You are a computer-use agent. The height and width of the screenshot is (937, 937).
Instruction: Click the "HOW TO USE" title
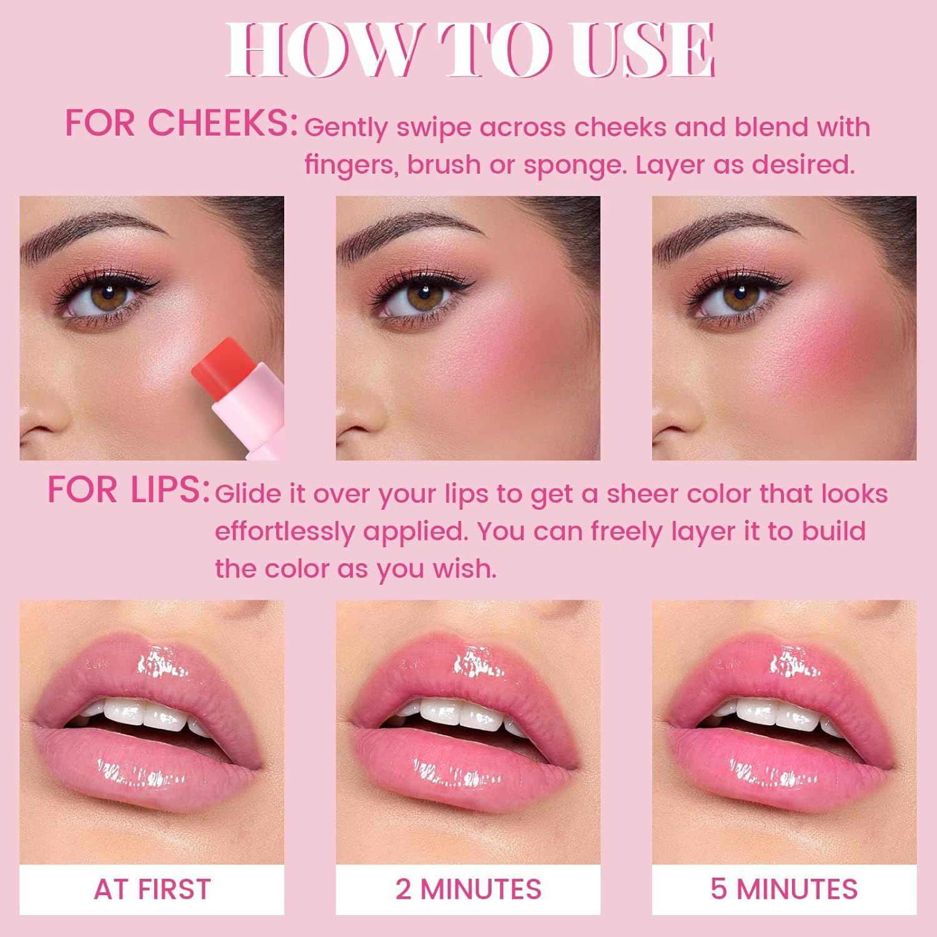pos(470,50)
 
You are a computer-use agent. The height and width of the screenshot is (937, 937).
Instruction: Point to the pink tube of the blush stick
pos(250,412)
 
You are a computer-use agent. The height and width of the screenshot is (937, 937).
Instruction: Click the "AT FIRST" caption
pos(152,890)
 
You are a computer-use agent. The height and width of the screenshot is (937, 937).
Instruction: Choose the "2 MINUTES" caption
pos(468,890)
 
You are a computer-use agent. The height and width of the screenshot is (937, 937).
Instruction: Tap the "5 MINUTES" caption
pos(784,890)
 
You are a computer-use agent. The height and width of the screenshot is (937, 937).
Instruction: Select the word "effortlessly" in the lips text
pos(285,532)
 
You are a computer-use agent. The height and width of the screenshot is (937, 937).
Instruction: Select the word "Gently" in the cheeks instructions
pos(346,127)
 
